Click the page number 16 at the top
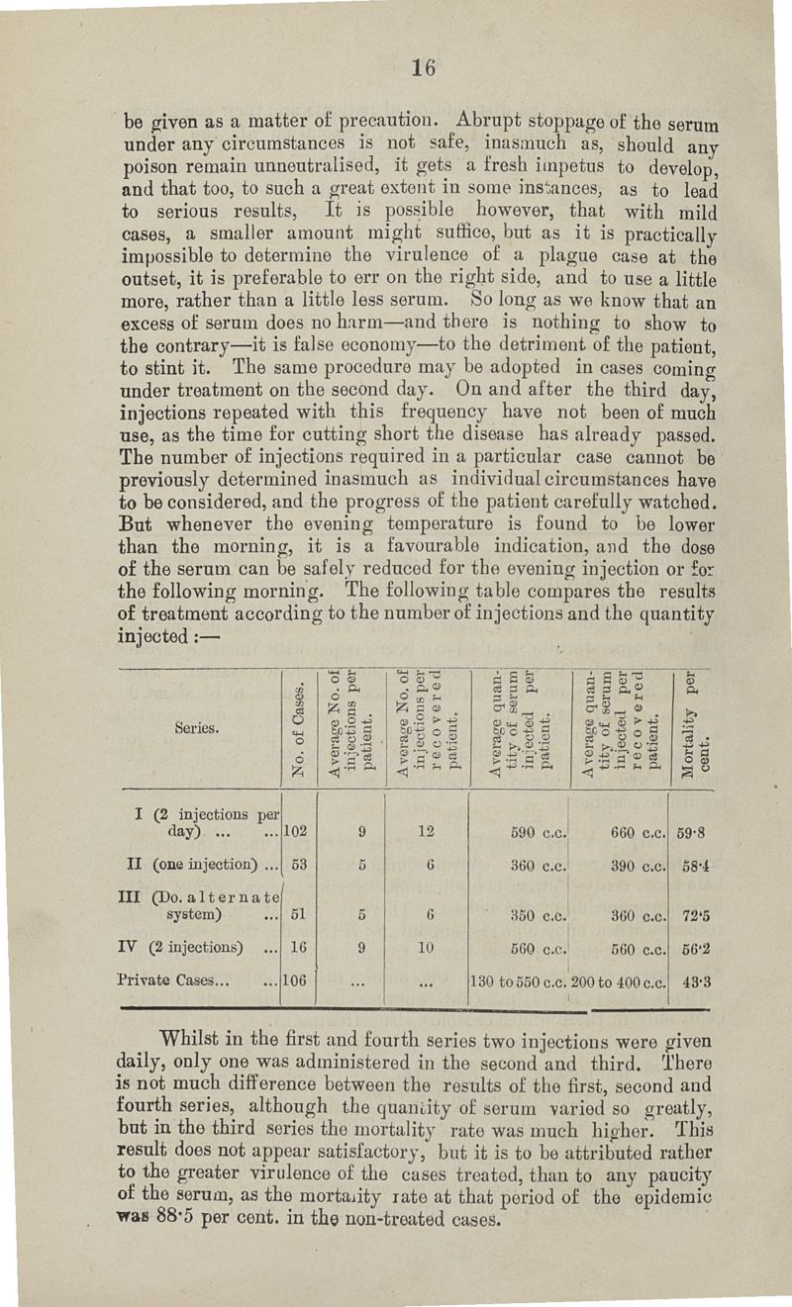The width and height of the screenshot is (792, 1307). click(x=425, y=68)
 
